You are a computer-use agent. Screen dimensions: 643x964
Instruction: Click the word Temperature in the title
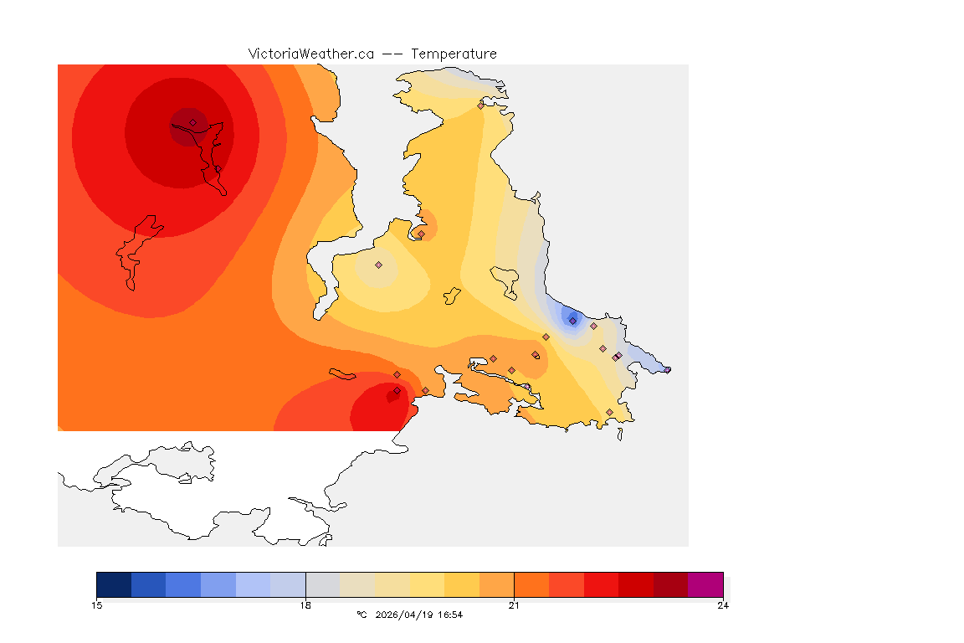coord(454,54)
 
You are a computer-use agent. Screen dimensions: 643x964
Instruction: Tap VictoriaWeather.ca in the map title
coord(310,54)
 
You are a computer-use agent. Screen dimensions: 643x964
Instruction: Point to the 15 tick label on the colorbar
coord(96,605)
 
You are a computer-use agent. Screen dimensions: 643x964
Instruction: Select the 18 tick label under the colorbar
coord(305,605)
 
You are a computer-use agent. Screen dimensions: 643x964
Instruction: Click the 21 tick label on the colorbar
coord(514,605)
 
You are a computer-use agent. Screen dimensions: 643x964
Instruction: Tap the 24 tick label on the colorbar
coord(722,605)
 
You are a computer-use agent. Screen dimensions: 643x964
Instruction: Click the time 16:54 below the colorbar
coord(449,615)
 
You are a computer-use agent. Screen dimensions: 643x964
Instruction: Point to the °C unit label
coord(361,615)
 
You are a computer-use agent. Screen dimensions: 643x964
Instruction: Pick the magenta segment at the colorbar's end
coord(705,584)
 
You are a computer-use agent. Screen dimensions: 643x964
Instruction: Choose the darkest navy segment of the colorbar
coord(114,584)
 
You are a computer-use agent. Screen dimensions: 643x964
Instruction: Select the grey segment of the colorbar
coord(323,584)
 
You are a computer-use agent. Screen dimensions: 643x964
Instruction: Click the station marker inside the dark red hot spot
coord(192,122)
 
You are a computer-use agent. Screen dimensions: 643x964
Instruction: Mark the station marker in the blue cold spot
coord(572,321)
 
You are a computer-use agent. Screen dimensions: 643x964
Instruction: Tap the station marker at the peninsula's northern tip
coord(480,105)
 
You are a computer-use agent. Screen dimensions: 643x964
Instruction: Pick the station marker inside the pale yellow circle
coord(378,265)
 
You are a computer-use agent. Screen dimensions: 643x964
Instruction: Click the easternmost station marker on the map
coord(667,369)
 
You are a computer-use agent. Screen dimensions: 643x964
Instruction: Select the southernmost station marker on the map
coord(609,412)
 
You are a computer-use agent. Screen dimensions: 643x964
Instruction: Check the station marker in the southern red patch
coord(397,390)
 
